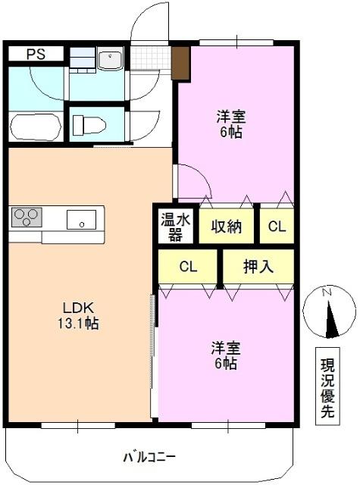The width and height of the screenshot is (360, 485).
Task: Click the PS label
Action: (x=36, y=54)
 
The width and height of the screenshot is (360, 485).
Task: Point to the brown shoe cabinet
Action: (x=180, y=62)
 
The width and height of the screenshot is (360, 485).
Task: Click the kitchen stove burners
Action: (x=26, y=217)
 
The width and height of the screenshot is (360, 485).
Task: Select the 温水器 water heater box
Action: (x=174, y=226)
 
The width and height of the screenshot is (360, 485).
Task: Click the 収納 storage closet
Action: (x=227, y=226)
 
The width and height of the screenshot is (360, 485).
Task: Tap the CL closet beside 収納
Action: (x=277, y=226)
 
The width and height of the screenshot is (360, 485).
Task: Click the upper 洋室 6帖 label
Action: (x=230, y=124)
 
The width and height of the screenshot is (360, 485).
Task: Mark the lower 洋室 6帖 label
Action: (x=226, y=355)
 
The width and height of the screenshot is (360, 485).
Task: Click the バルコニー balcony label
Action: (x=149, y=458)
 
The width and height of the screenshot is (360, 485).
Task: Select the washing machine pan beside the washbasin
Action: (x=83, y=59)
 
